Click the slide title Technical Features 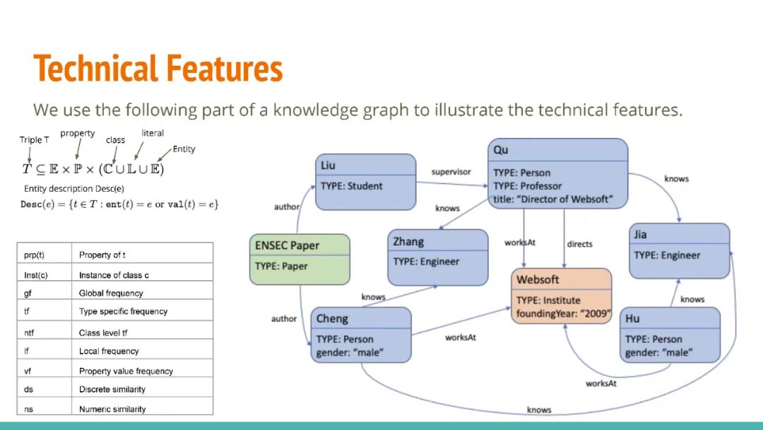(x=158, y=69)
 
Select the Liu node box (x=365, y=182)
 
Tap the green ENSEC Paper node (x=300, y=259)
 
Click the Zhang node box (x=437, y=257)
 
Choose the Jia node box (x=679, y=251)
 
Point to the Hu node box (x=669, y=335)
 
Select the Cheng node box (x=360, y=335)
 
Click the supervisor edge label (x=451, y=172)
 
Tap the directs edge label (x=579, y=244)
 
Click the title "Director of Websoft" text (x=552, y=199)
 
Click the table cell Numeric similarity (x=112, y=409)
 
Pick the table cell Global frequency (x=111, y=293)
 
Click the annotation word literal (x=153, y=133)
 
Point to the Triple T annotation (x=35, y=140)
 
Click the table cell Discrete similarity (x=113, y=390)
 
